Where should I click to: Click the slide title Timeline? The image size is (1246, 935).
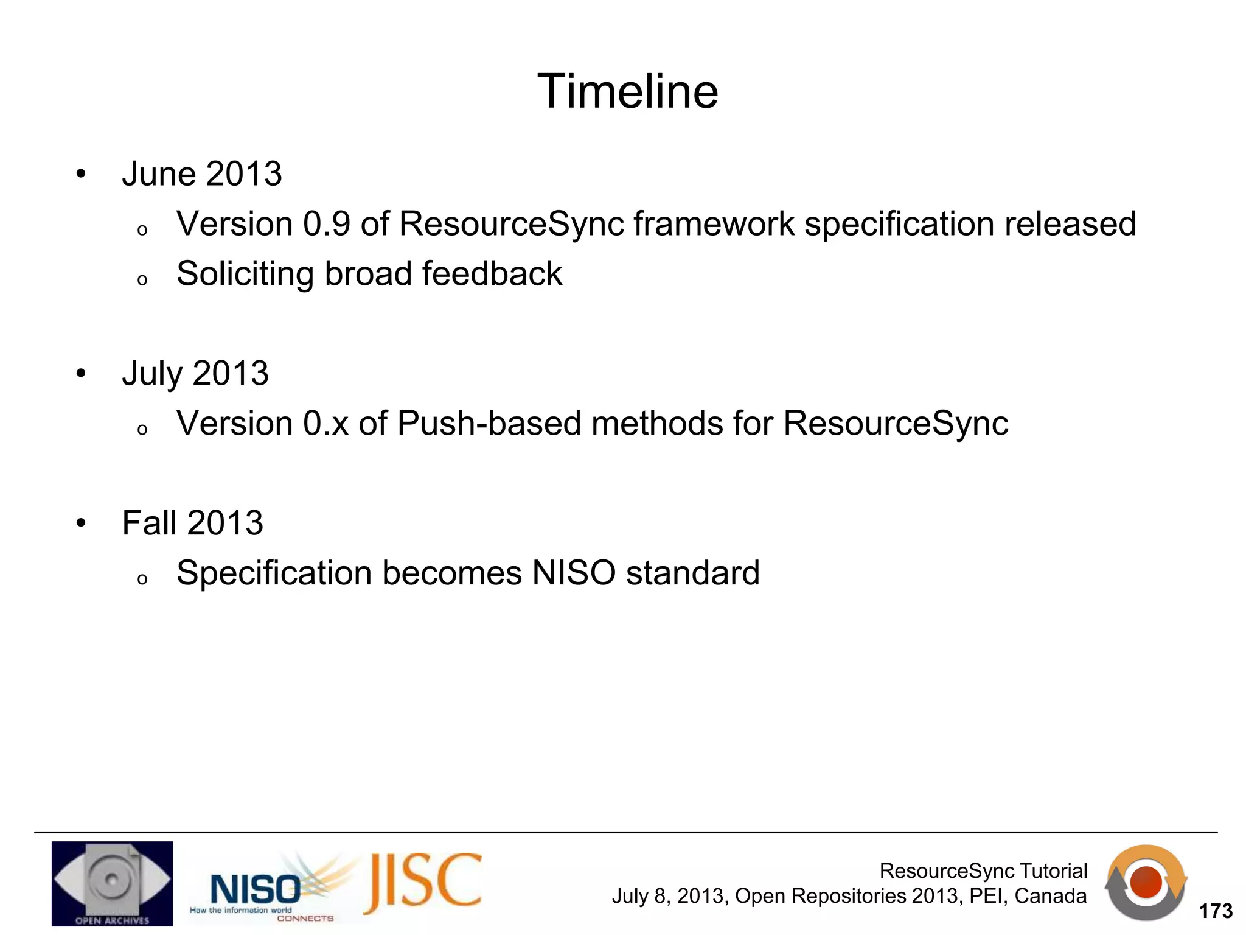tap(627, 91)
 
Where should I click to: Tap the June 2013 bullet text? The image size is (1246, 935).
tap(201, 174)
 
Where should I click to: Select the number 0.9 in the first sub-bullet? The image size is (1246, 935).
tap(327, 224)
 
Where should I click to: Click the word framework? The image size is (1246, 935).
tap(714, 224)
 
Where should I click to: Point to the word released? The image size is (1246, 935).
tap(1070, 224)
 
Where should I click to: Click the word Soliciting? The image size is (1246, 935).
tap(245, 274)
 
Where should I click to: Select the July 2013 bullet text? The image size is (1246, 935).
tap(195, 373)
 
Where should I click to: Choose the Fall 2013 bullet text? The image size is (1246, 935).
tap(192, 523)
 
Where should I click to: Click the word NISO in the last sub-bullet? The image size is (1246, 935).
tap(574, 573)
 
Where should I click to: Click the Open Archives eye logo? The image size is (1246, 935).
tap(112, 883)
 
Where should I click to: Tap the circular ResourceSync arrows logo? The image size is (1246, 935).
tap(1146, 883)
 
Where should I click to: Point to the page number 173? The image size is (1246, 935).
tap(1215, 911)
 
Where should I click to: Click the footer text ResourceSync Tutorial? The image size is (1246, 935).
tap(983, 871)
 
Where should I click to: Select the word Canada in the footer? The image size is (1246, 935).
tap(1050, 896)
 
